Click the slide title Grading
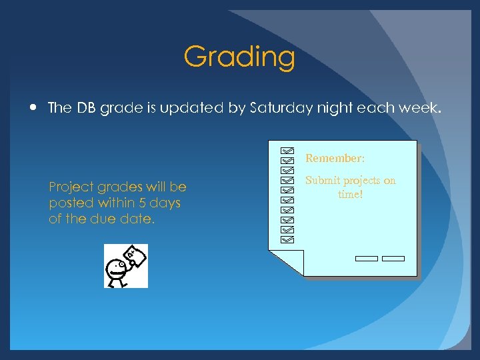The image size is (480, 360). [239, 57]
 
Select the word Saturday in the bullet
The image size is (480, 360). [277, 108]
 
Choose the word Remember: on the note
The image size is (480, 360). [335, 159]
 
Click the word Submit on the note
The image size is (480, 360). [323, 181]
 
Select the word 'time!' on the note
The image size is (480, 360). [350, 195]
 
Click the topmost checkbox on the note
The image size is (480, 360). [287, 151]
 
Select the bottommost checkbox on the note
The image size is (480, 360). [287, 237]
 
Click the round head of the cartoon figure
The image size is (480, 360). [117, 268]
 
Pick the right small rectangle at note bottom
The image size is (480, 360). [393, 259]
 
